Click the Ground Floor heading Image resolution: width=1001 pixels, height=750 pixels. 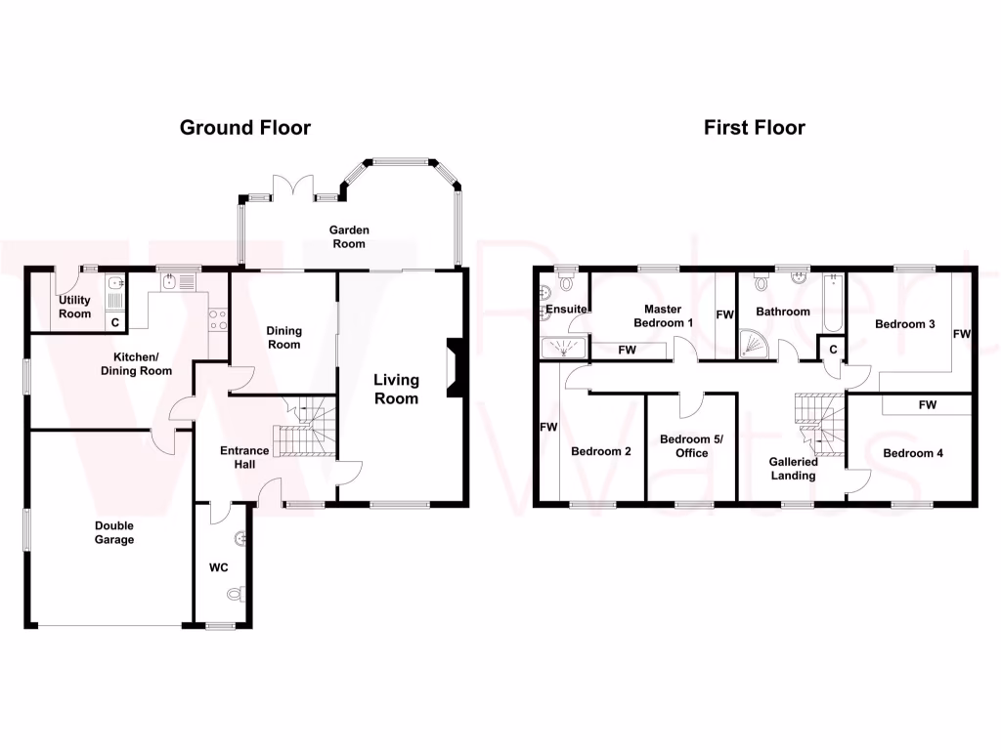(x=244, y=128)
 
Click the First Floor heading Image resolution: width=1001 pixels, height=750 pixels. (x=754, y=128)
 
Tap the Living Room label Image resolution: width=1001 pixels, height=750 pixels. (x=395, y=389)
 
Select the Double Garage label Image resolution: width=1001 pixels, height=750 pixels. (x=114, y=532)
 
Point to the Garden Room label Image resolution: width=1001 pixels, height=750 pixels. (x=349, y=236)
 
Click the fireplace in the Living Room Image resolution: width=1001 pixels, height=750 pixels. (x=454, y=369)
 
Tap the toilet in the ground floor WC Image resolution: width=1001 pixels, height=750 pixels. (x=234, y=594)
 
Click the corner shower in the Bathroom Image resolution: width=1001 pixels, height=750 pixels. (x=758, y=342)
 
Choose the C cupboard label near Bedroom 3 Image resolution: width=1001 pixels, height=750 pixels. (x=833, y=349)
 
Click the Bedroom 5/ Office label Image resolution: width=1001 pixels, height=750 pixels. (x=690, y=446)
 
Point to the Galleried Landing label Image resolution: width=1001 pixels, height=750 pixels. (x=793, y=469)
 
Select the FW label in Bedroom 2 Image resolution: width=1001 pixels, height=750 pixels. (x=547, y=427)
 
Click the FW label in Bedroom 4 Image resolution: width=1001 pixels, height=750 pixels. (x=927, y=404)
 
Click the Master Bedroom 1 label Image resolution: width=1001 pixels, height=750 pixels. (x=663, y=315)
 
